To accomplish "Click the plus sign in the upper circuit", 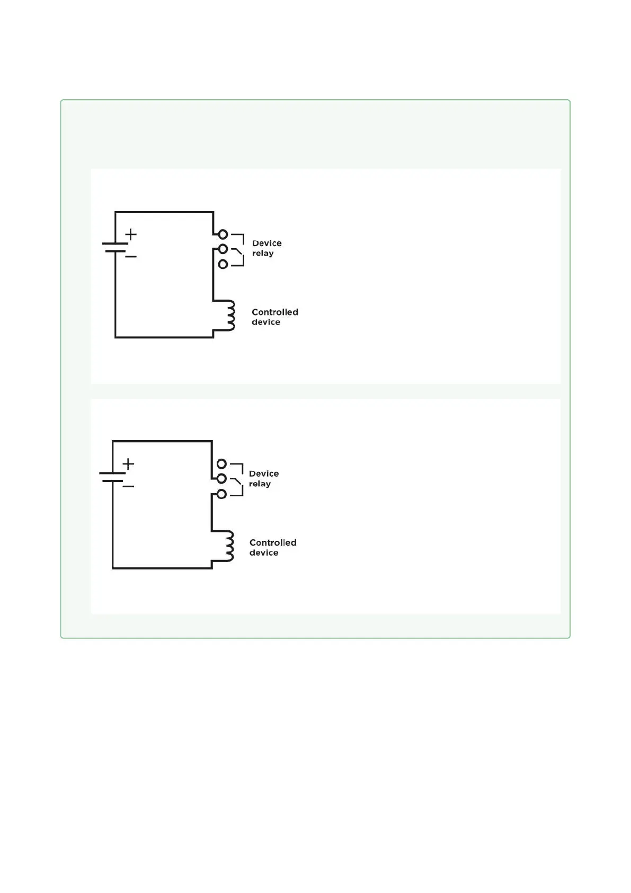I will (x=131, y=234).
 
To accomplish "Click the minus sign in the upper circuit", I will (x=131, y=257).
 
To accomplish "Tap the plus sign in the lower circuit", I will (x=128, y=464).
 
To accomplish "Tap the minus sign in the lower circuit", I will (x=128, y=486).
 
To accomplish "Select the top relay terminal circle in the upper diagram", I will (x=223, y=234).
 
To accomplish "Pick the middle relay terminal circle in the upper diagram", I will (x=223, y=249).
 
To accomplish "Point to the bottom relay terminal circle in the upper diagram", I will (x=223, y=264).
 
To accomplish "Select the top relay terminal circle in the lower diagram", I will (x=221, y=464).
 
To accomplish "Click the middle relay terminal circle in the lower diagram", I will (x=221, y=479).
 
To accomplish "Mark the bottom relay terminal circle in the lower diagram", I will (x=221, y=494).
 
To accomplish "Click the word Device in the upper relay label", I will (x=266, y=243).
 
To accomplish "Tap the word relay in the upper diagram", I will (x=263, y=253).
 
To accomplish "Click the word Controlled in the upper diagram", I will (x=274, y=312).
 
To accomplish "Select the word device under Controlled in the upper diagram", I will (x=266, y=322).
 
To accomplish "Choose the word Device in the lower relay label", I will (x=264, y=474).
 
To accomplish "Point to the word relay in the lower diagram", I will (x=260, y=484).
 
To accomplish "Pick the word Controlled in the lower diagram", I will (x=273, y=542).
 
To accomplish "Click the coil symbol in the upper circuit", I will (x=229, y=316).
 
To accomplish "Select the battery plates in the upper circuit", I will (x=115, y=247).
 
